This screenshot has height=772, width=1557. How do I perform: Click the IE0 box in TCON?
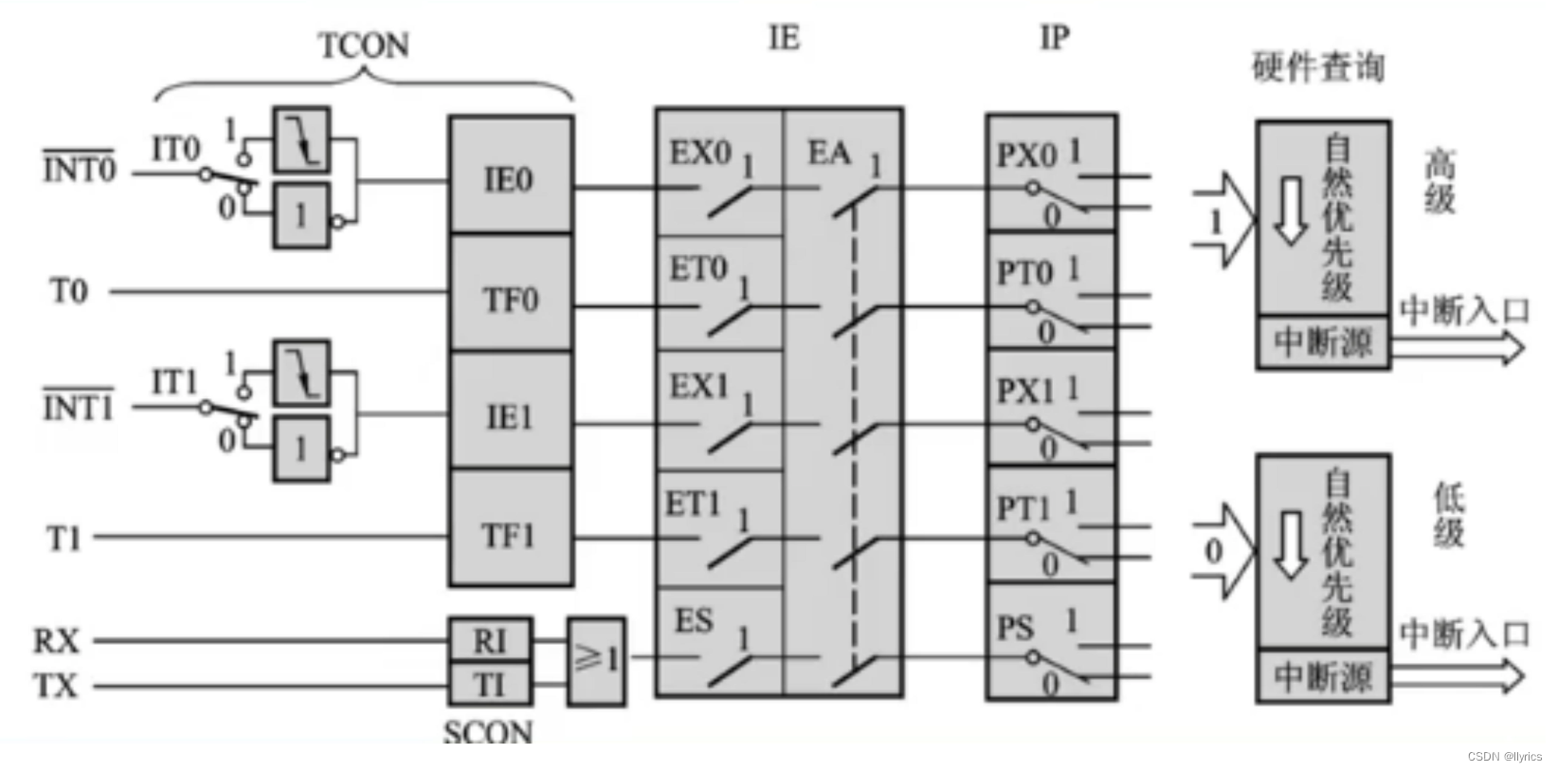[x=511, y=177]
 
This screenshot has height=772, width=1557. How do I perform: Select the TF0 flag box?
[x=511, y=300]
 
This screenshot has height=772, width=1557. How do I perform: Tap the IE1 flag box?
[x=511, y=416]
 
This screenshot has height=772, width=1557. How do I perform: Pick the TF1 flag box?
[x=511, y=536]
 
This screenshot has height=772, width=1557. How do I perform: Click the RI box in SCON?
[x=490, y=641]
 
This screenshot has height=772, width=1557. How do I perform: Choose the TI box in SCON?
[x=490, y=684]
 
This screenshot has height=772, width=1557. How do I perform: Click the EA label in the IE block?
[x=828, y=153]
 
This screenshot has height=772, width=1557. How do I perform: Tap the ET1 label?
[x=693, y=505]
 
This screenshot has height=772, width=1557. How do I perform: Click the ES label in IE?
[x=693, y=621]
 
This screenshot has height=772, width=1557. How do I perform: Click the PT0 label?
[x=1025, y=274]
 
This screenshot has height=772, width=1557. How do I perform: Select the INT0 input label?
[x=79, y=171]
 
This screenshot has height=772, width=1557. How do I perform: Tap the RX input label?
[x=57, y=641]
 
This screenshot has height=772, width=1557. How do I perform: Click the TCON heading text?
[x=364, y=46]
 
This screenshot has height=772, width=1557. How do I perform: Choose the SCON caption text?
[x=488, y=732]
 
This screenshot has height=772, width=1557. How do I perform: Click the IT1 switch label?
[x=175, y=383]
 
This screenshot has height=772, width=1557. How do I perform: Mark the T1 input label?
[x=64, y=539]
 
